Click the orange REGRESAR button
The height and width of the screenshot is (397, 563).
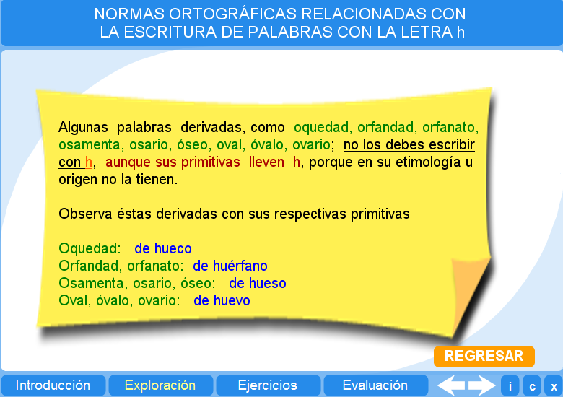click(x=484, y=356)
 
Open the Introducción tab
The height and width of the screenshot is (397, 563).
click(x=53, y=385)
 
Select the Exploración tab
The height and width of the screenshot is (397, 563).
click(x=160, y=385)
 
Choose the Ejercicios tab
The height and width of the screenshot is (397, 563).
click(x=267, y=385)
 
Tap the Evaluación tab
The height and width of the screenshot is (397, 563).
click(x=375, y=385)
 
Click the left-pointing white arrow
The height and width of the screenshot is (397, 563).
click(x=451, y=385)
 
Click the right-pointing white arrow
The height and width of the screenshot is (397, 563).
click(x=481, y=385)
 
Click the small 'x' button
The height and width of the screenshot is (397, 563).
click(x=553, y=386)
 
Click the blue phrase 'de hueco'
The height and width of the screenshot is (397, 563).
click(x=162, y=249)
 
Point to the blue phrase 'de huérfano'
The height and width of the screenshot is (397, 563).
click(x=230, y=266)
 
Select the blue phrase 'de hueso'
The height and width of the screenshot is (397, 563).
click(x=257, y=284)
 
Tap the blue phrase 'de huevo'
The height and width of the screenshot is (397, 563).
click(x=222, y=301)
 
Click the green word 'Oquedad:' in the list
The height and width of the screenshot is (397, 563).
click(x=90, y=249)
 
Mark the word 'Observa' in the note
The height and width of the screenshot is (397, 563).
click(x=83, y=214)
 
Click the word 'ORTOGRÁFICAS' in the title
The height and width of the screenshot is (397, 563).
click(x=224, y=14)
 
